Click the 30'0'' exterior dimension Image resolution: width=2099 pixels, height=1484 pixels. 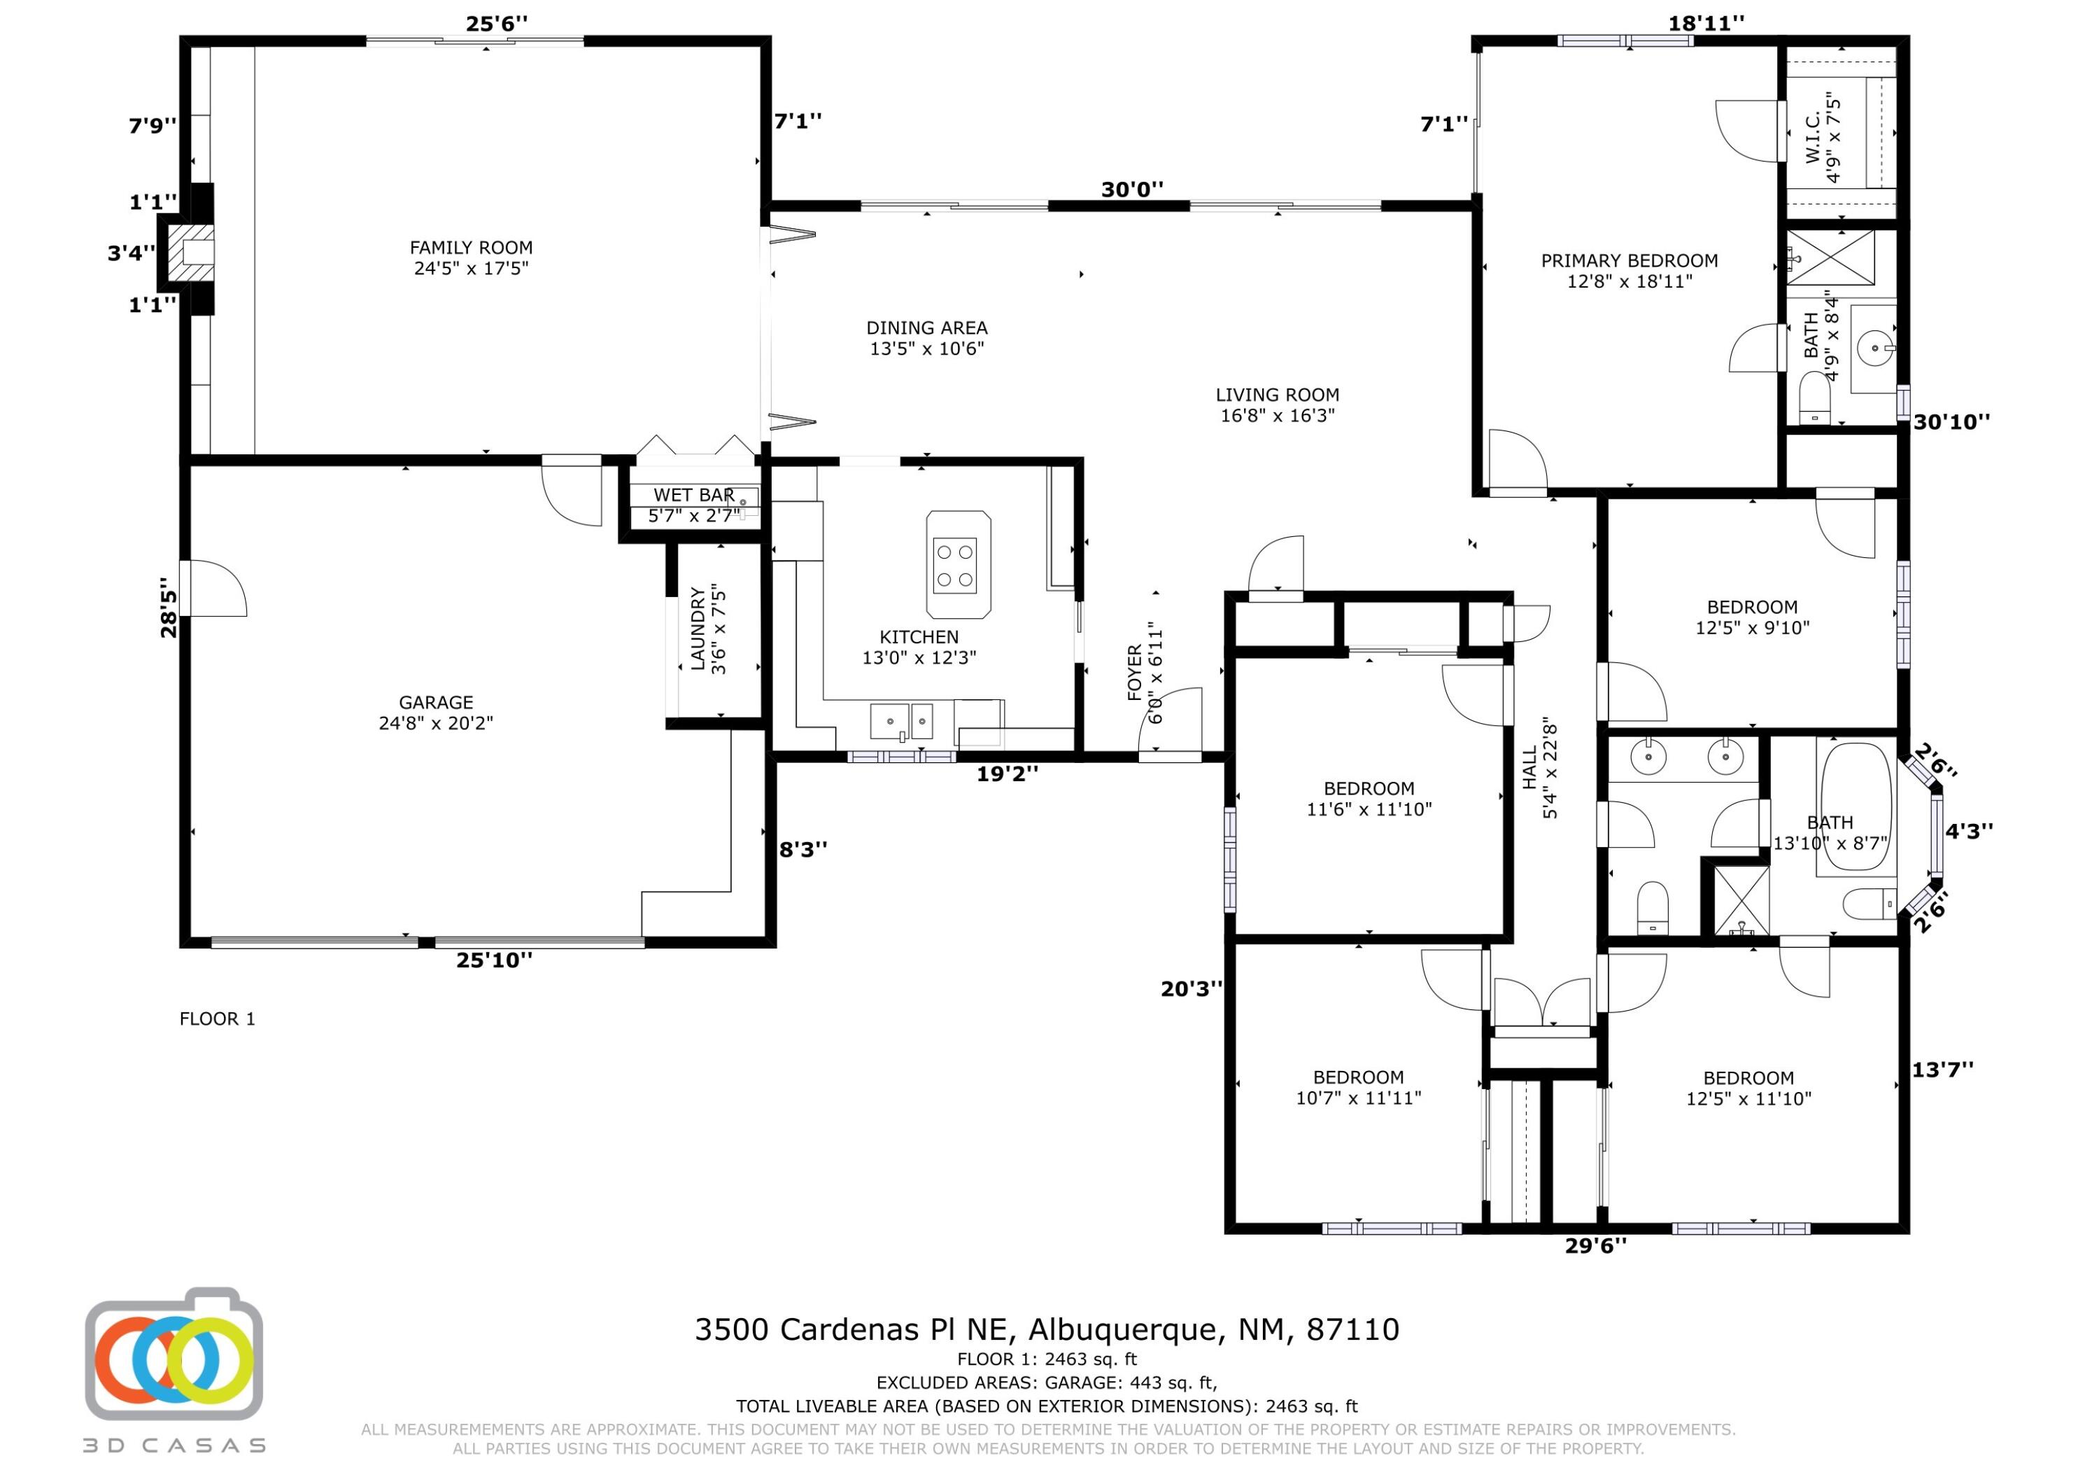pyautogui.click(x=1132, y=189)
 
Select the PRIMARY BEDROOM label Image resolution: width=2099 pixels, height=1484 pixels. pyautogui.click(x=1629, y=260)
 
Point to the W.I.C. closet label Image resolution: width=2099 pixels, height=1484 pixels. pyautogui.click(x=1813, y=137)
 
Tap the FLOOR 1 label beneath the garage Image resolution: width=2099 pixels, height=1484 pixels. pyautogui.click(x=218, y=1018)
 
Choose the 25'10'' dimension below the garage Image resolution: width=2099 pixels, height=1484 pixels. pyautogui.click(x=494, y=960)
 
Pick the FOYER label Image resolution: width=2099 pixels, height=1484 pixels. pyautogui.click(x=1135, y=673)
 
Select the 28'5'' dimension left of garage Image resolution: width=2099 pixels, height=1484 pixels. pyautogui.click(x=168, y=607)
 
